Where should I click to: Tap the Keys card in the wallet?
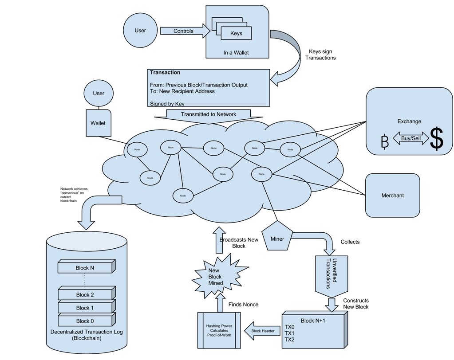(x=236, y=33)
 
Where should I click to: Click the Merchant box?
(x=392, y=196)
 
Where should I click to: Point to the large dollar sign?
(x=437, y=139)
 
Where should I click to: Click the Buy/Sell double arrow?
(x=411, y=138)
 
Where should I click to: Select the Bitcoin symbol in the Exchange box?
(x=385, y=141)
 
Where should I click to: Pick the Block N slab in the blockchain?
(x=86, y=268)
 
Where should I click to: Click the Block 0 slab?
(x=86, y=321)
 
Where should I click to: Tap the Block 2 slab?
(x=86, y=294)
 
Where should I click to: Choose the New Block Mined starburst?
(x=215, y=277)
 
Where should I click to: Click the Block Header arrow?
(x=262, y=331)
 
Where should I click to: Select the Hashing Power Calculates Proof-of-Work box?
(x=219, y=330)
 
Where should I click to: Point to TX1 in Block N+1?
(x=289, y=333)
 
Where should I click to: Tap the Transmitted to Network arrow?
(x=209, y=114)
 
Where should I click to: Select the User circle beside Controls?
(x=140, y=31)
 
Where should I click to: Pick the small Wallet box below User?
(x=98, y=123)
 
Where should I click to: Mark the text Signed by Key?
(x=167, y=103)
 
